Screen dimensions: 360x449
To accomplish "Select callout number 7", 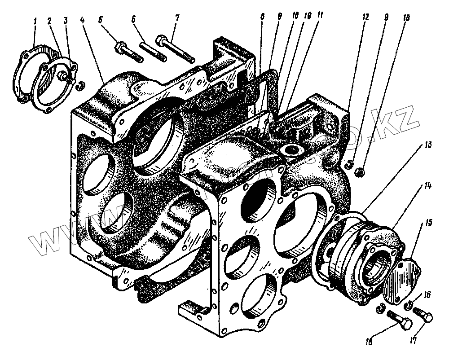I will click(177, 18).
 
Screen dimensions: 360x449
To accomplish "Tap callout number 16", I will click(427, 295).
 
